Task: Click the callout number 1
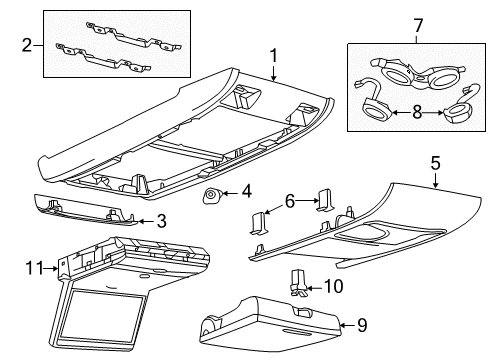coord(273,56)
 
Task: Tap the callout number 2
coord(27,45)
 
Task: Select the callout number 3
coord(162,221)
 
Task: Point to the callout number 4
coord(246,192)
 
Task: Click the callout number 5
coord(435,163)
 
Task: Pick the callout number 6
coord(290,201)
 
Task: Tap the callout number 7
coord(418,26)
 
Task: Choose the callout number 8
coord(417,113)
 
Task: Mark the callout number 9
coord(362,325)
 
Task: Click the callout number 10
coord(333,286)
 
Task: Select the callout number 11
coord(35,268)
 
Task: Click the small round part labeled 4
coord(211,195)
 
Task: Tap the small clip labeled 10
coord(298,283)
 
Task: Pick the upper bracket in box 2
coord(133,36)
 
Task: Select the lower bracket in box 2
coord(103,57)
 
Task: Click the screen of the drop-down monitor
coord(102,313)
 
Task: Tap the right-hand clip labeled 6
coord(324,200)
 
